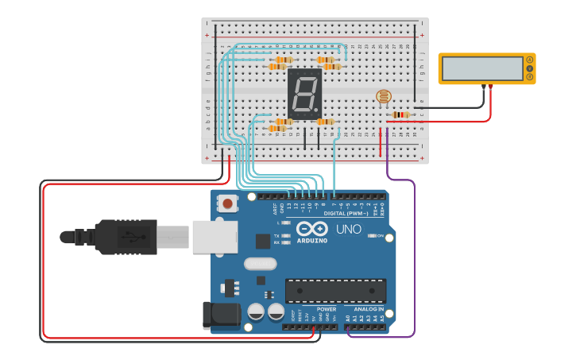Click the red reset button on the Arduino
[229, 204]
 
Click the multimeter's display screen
[481, 68]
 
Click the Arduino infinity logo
[312, 229]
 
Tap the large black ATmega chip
[335, 291]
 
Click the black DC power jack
[222, 315]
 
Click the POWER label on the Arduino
[326, 308]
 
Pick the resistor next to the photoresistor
[400, 114]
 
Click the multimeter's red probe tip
[491, 86]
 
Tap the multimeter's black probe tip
[483, 86]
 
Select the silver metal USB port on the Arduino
[215, 237]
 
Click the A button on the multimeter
[530, 60]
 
